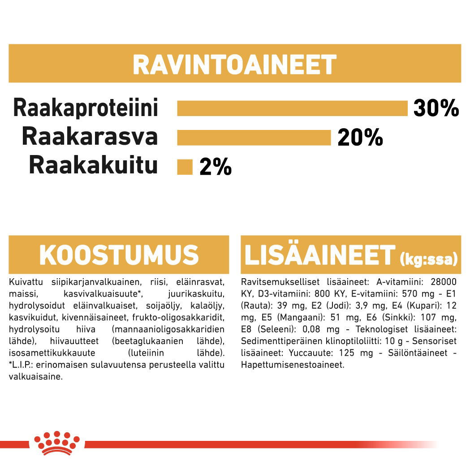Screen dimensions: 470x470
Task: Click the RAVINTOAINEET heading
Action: click(x=234, y=65)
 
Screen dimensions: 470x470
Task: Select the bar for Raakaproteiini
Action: click(x=292, y=108)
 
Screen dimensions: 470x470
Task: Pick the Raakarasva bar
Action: click(x=254, y=138)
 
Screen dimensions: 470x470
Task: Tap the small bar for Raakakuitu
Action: click(x=185, y=167)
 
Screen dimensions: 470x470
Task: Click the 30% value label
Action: click(x=436, y=109)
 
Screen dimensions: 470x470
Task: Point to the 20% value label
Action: click(x=360, y=138)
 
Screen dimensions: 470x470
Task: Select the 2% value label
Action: click(x=216, y=168)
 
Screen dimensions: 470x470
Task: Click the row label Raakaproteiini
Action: click(x=86, y=108)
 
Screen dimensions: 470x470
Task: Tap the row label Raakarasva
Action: click(x=90, y=137)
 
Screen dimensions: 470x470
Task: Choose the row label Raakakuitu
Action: click(x=93, y=166)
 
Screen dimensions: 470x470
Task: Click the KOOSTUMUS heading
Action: click(x=119, y=255)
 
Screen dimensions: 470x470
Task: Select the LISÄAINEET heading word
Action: click(x=319, y=255)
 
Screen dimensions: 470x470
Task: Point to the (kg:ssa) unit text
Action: click(x=428, y=259)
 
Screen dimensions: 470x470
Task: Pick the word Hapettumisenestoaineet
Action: click(x=292, y=365)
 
